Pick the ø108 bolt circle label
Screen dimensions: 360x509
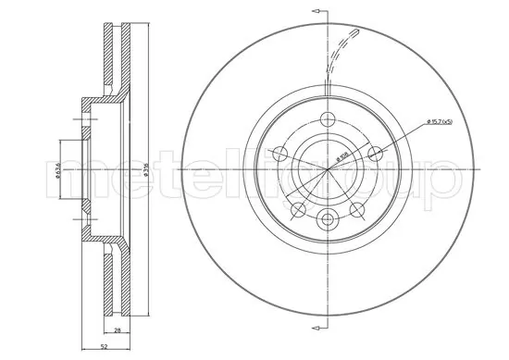[x=342, y=157]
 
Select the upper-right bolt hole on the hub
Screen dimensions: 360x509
[x=375, y=153]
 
